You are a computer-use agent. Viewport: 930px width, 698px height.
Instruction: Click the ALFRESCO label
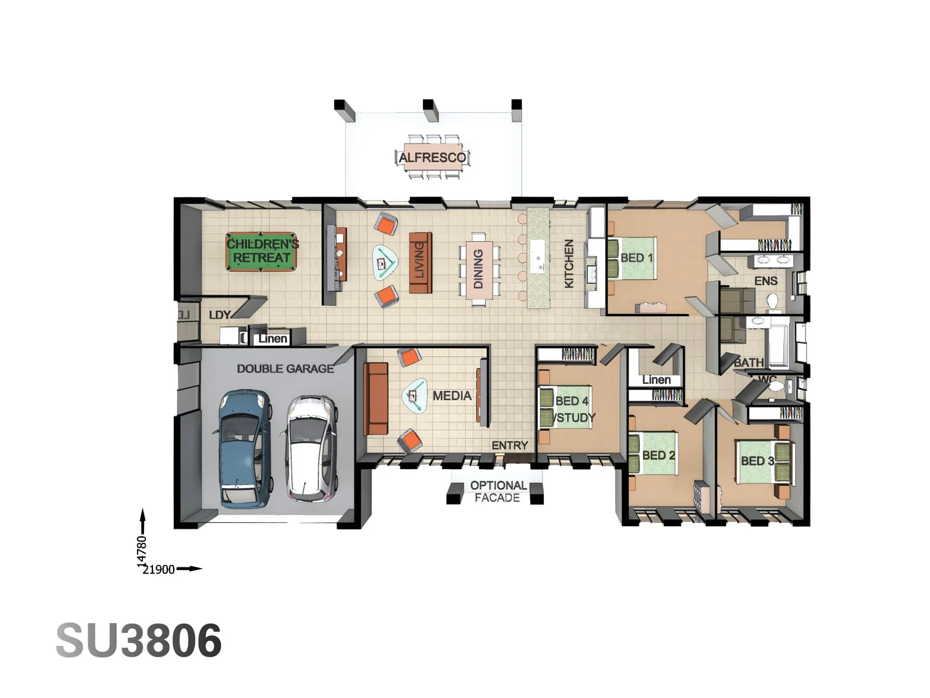432,158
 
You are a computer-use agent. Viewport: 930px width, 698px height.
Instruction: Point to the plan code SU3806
139,640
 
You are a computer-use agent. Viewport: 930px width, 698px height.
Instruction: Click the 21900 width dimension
158,569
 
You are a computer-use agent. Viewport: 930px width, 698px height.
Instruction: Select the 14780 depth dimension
142,551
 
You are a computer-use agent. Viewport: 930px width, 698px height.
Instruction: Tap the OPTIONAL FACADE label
498,491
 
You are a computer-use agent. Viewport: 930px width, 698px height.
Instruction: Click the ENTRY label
510,445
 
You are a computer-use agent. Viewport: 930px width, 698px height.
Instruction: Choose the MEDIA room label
451,396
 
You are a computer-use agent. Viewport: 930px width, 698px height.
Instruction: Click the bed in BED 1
632,258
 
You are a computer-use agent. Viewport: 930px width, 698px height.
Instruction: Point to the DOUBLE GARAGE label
285,368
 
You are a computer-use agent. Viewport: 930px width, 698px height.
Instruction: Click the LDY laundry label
220,315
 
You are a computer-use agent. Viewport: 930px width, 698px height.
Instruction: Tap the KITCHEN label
569,263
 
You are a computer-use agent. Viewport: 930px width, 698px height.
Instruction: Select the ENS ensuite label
765,281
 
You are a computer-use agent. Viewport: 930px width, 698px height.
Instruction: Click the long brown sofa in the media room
376,398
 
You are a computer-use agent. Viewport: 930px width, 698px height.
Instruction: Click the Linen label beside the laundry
273,339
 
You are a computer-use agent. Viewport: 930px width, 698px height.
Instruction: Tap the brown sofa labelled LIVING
420,263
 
